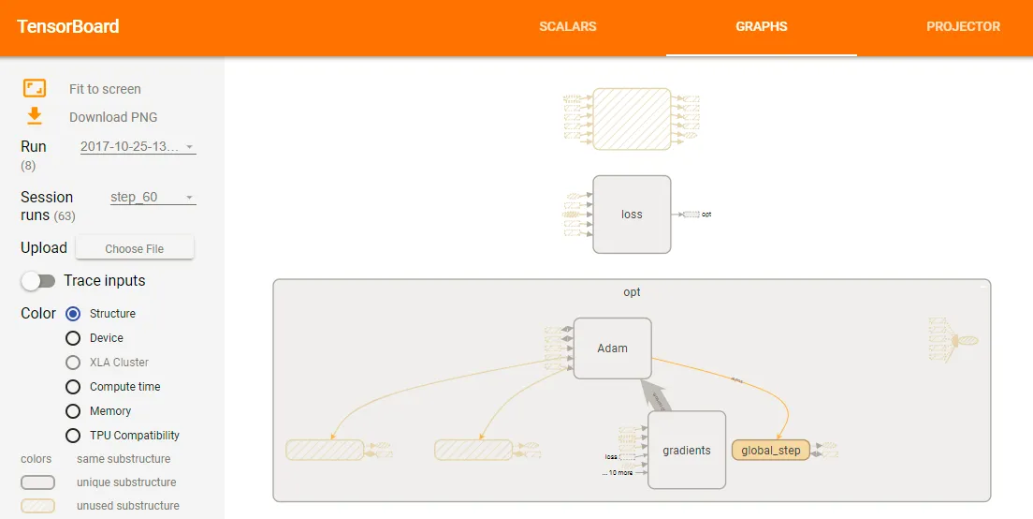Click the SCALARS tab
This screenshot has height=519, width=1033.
click(567, 26)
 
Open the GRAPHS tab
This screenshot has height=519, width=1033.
click(761, 26)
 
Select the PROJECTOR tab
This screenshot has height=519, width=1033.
click(963, 26)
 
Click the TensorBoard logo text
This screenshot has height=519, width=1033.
click(68, 26)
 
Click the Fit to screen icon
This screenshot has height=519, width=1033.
click(35, 88)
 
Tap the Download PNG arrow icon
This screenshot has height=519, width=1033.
click(35, 116)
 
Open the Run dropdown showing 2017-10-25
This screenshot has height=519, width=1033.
click(138, 147)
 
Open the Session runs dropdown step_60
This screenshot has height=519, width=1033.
click(153, 198)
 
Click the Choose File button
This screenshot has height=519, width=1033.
click(135, 248)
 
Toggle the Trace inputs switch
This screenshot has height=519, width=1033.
click(39, 281)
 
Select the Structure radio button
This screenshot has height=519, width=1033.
click(73, 314)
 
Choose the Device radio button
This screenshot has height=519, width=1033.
click(73, 338)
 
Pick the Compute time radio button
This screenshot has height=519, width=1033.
click(73, 387)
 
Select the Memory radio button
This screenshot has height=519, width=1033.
click(73, 411)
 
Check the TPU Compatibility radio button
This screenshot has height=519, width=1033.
click(73, 436)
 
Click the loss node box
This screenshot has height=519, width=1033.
click(632, 215)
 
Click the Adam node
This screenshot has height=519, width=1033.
click(612, 348)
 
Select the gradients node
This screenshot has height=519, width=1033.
click(687, 451)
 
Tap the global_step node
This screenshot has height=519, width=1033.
click(770, 451)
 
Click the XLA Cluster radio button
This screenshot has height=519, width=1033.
click(73, 363)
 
